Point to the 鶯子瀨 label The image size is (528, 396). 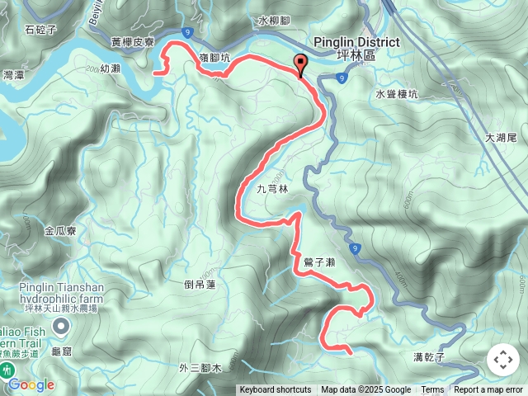[318, 262]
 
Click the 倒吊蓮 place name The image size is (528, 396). [200, 285]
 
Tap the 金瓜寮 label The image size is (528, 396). [61, 231]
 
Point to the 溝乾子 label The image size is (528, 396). [429, 357]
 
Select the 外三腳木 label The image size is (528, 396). [200, 368]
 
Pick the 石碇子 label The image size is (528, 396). [40, 30]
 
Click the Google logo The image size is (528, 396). [31, 384]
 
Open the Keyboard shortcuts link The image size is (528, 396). [276, 390]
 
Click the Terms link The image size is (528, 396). [432, 390]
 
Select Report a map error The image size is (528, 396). [488, 390]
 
